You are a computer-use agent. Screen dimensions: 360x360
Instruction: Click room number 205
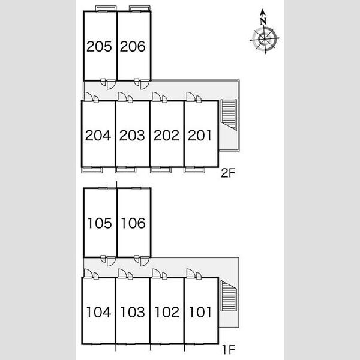point(99,46)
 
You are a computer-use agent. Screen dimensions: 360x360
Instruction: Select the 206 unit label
point(133,46)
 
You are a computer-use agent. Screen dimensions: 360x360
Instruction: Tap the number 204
point(98,136)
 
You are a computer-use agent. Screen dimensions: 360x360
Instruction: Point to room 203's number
point(132,136)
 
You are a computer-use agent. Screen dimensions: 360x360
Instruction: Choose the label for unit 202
point(166,136)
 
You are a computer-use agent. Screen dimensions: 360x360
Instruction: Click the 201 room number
point(200,136)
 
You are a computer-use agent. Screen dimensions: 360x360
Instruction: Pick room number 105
point(100,223)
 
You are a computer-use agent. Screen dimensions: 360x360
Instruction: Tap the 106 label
point(133,223)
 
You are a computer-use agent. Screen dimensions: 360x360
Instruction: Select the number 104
point(99,312)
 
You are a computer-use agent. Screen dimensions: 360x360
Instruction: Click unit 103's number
point(133,312)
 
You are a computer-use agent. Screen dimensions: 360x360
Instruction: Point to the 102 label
point(167,312)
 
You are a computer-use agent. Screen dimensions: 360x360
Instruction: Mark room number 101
point(200,312)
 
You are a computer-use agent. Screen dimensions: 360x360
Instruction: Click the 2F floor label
point(228,173)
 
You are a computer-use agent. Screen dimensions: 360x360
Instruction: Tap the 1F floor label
point(229,350)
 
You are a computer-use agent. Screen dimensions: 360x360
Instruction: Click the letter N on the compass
point(263,22)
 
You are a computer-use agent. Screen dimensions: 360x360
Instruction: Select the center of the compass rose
point(265,39)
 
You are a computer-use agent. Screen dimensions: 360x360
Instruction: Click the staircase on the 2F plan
point(229,115)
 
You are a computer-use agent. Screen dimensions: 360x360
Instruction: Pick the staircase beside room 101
point(229,296)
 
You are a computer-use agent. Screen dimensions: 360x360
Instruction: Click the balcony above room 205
point(106,8)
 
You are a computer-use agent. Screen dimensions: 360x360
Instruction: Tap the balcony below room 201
point(194,170)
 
